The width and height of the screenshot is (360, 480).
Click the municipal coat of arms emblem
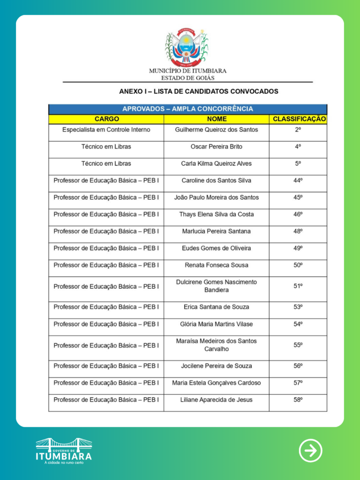(x=187, y=47)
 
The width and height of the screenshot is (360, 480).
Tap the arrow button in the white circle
(x=310, y=450)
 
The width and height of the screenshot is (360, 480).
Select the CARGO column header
(x=106, y=119)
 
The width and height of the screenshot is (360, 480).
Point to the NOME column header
(x=217, y=119)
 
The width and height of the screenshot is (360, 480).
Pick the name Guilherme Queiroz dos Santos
(x=217, y=129)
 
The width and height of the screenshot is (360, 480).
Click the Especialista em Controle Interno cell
(x=106, y=129)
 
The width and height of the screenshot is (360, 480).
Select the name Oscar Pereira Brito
(x=217, y=147)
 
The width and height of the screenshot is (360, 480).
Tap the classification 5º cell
(x=298, y=164)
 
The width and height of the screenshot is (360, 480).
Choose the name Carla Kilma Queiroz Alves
(x=217, y=164)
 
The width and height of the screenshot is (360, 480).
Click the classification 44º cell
(x=298, y=180)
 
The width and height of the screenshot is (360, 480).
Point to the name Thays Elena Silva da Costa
(x=217, y=214)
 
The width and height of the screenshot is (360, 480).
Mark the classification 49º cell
(x=298, y=248)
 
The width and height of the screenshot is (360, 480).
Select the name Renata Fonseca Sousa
(x=217, y=265)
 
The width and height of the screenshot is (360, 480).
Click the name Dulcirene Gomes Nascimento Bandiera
(x=217, y=286)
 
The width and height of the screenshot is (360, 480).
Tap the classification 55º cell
(x=298, y=345)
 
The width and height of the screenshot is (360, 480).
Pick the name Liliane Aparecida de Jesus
(x=217, y=400)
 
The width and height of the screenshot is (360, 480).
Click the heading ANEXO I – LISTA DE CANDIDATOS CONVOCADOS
(x=199, y=91)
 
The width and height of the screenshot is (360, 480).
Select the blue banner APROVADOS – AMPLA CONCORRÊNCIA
(x=187, y=109)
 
